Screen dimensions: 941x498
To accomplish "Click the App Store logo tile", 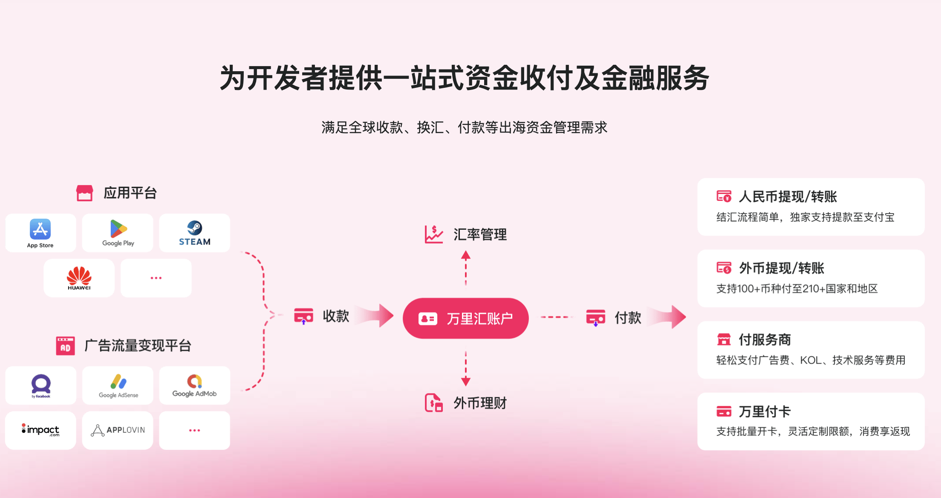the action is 40,233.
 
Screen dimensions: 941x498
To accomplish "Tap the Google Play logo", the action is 118,233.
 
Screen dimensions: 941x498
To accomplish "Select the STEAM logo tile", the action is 194,233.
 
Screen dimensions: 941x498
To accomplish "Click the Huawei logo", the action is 79,278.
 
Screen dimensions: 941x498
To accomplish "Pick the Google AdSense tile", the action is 118,385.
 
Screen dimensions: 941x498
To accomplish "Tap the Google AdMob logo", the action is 194,385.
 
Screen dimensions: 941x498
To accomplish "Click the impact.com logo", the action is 40,430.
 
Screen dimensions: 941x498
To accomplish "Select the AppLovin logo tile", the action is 118,430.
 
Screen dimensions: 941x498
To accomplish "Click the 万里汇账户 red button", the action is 465,318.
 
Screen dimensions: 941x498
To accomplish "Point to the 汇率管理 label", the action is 480,235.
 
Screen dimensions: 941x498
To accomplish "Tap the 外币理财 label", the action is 480,403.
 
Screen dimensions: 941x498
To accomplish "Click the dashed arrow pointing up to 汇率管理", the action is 466,268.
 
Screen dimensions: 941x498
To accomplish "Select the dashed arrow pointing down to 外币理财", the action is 466,369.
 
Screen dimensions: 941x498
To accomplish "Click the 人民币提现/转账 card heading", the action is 788,197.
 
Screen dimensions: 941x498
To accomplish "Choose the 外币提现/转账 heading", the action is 781,268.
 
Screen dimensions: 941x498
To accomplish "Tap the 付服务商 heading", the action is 765,340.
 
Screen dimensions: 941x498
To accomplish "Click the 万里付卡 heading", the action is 765,411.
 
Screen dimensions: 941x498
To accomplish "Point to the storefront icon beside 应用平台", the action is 84,193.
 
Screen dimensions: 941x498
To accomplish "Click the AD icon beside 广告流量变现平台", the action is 65,346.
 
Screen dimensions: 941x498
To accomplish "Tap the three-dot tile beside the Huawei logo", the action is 156,278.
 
